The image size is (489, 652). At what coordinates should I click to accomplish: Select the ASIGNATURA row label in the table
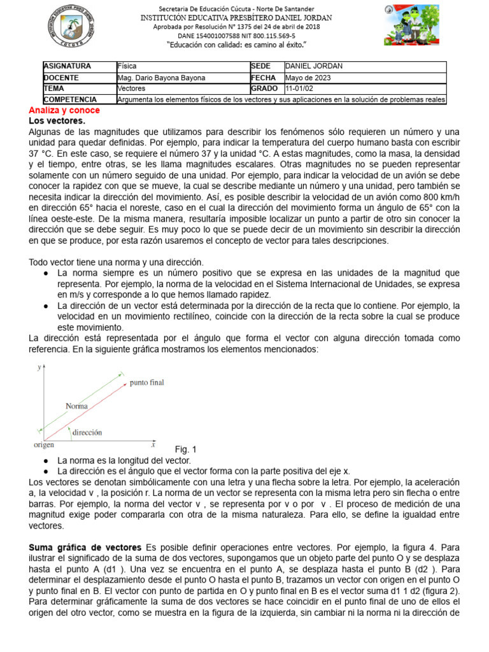pyautogui.click(x=67, y=66)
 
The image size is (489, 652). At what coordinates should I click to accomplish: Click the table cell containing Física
pyautogui.click(x=127, y=66)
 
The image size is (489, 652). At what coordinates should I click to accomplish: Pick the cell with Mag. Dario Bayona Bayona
pyautogui.click(x=162, y=78)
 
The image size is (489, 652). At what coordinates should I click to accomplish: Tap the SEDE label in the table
pyautogui.click(x=261, y=66)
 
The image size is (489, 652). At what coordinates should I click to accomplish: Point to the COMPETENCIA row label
pyautogui.click(x=70, y=100)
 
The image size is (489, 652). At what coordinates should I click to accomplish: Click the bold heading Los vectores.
pyautogui.click(x=57, y=120)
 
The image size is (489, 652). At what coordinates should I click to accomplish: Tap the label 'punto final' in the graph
pyautogui.click(x=147, y=383)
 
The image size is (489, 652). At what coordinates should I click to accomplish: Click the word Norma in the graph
pyautogui.click(x=76, y=406)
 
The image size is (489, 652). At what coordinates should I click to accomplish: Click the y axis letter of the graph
pyautogui.click(x=39, y=367)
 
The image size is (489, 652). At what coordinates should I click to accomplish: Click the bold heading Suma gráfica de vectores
pyautogui.click(x=87, y=547)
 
